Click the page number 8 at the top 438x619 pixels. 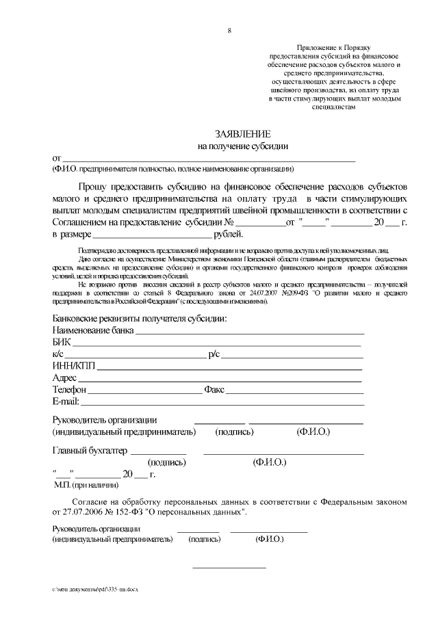click(230, 31)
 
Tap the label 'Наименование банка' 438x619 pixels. click(92, 330)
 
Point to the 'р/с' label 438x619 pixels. click(214, 354)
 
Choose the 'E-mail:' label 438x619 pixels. click(66, 401)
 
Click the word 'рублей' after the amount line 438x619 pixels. click(228, 235)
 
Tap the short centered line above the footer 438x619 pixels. click(229, 568)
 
